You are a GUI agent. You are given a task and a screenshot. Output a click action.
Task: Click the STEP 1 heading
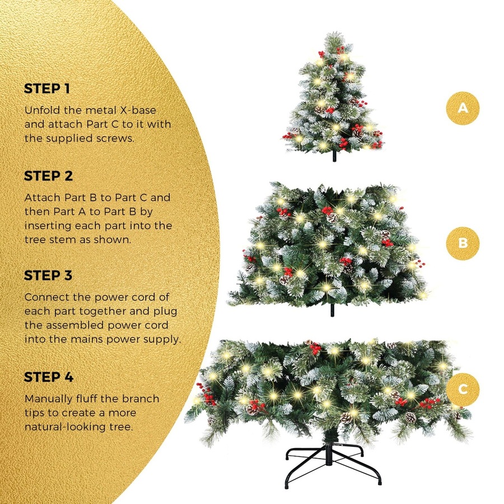coord(48,88)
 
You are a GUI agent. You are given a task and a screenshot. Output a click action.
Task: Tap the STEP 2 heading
coord(48,176)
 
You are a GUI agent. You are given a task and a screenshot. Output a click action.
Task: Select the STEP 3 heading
coord(48,276)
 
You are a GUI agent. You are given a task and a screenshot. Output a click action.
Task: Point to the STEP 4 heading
coord(49,377)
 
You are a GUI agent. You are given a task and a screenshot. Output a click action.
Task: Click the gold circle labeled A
coord(463,108)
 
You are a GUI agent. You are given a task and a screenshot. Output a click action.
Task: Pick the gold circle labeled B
coord(463,244)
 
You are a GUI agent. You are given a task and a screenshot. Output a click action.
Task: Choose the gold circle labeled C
coord(463,388)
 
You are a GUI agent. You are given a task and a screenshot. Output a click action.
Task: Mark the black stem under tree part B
coord(330,310)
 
